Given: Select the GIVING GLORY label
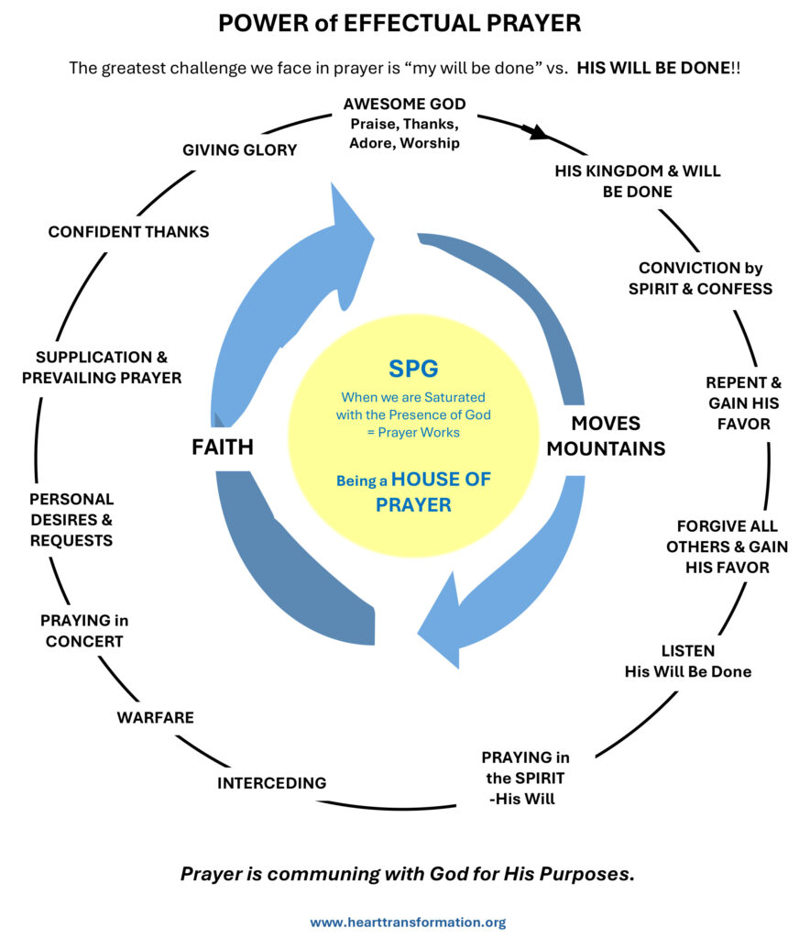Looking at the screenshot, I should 239,149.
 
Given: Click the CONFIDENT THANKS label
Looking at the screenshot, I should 128,232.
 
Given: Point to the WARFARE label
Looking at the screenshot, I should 155,717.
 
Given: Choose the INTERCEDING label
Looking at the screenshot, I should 271,783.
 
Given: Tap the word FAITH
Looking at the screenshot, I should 222,447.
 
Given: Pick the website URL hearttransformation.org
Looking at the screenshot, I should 408,922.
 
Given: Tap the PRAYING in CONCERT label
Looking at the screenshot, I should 84,631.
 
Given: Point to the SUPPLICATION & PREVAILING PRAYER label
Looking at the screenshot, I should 108,367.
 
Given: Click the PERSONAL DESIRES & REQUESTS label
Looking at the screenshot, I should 71,520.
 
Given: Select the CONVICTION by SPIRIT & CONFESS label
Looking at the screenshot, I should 700,278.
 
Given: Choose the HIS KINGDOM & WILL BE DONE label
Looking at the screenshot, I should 638,182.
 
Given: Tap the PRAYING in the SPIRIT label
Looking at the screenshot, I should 525,778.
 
